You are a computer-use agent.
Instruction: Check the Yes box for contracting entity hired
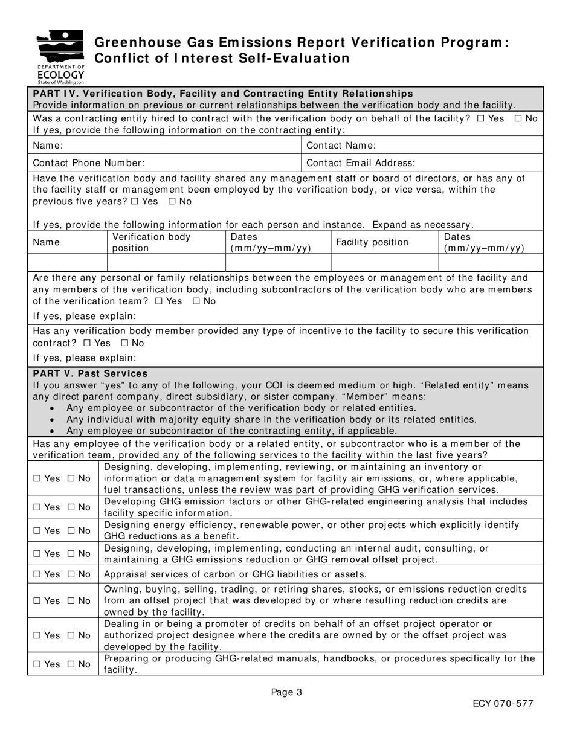[481, 119]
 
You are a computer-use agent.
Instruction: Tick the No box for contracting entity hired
[518, 119]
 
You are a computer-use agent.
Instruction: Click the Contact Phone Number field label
[88, 163]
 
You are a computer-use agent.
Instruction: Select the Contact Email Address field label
[361, 163]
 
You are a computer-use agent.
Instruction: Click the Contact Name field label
[341, 146]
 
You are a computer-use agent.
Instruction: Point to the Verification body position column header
[151, 242]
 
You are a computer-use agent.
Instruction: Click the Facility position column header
[372, 242]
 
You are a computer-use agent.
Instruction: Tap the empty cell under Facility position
[384, 262]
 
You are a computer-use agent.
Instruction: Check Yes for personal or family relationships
[159, 301]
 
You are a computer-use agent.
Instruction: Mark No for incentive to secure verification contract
[125, 343]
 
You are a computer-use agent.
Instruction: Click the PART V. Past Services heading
[90, 374]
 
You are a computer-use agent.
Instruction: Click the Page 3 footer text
[286, 693]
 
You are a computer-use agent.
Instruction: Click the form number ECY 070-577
[503, 704]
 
